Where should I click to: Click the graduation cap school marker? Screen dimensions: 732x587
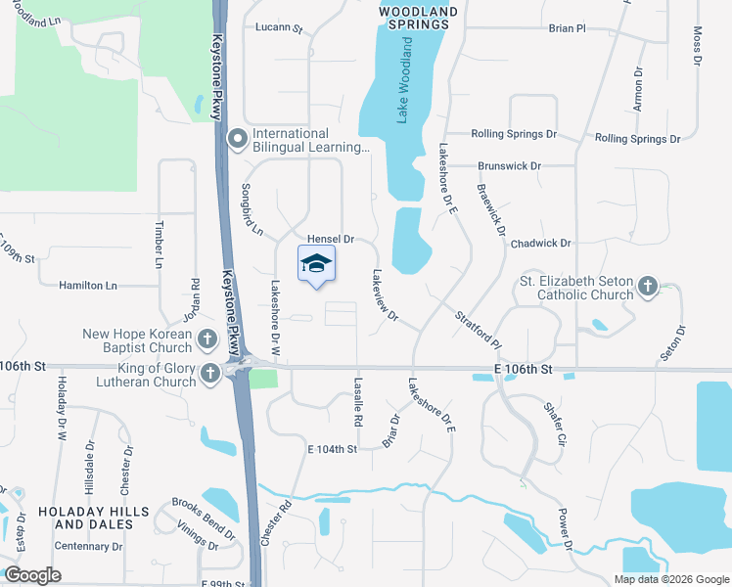tap(316, 264)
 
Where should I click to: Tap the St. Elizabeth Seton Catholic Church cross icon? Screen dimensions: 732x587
tap(646, 287)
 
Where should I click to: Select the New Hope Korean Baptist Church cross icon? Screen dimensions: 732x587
tap(206, 339)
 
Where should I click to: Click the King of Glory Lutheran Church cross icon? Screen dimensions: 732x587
tap(209, 374)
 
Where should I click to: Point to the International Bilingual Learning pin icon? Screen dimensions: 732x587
tap(237, 140)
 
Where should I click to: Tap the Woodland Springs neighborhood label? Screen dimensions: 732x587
tap(418, 18)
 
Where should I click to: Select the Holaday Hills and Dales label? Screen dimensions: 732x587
tap(94, 518)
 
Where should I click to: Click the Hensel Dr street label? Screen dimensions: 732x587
tap(330, 239)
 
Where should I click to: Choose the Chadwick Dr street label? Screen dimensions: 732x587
tap(540, 243)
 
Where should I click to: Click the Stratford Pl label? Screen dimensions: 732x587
tap(478, 331)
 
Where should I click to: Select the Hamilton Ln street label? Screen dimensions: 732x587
tap(87, 285)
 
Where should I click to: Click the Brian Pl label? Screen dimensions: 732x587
tap(567, 28)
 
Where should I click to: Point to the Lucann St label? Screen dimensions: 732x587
tap(280, 28)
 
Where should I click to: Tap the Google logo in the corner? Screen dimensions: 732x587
tap(33, 575)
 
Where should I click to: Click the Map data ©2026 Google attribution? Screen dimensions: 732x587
tap(670, 579)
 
